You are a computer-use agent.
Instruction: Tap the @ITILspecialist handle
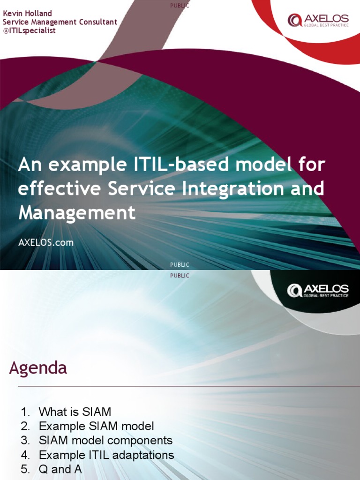(29, 30)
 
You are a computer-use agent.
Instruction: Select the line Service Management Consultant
(60, 22)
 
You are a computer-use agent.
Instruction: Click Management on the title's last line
(77, 213)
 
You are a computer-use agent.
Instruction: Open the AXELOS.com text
(45, 243)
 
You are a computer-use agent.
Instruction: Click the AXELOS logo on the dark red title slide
(318, 21)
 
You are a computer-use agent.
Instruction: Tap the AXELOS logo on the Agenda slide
(318, 291)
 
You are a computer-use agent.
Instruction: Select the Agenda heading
(38, 368)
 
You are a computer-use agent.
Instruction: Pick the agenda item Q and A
(55, 469)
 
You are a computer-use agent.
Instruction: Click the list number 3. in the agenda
(25, 441)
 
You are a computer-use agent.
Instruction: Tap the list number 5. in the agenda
(25, 469)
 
